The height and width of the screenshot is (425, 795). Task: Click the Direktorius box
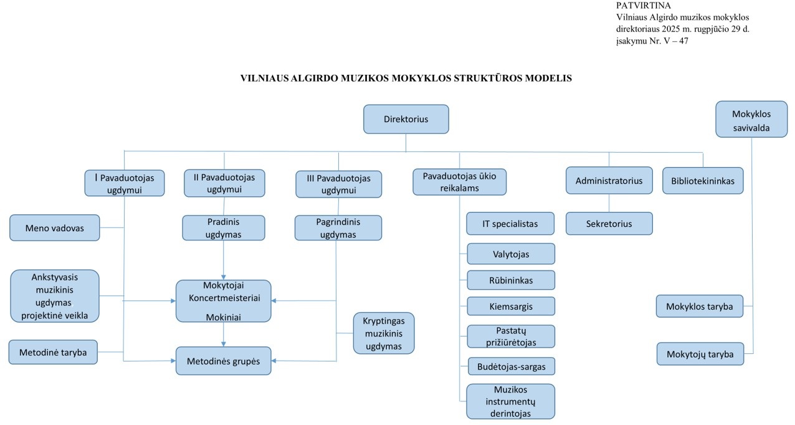pyautogui.click(x=406, y=119)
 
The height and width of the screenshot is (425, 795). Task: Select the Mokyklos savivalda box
pyautogui.click(x=751, y=120)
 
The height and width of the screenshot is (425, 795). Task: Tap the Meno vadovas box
pyautogui.click(x=55, y=227)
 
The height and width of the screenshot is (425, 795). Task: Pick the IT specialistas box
pyautogui.click(x=510, y=223)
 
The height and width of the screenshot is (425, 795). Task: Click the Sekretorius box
pyautogui.click(x=609, y=223)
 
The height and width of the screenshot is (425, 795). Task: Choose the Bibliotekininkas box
pyautogui.click(x=702, y=181)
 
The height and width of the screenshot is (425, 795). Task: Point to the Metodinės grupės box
pyautogui.click(x=223, y=361)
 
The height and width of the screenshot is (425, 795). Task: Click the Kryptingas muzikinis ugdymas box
pyautogui.click(x=383, y=333)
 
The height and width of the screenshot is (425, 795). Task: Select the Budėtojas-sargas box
pyautogui.click(x=511, y=366)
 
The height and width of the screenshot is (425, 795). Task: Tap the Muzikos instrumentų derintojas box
pyautogui.click(x=510, y=401)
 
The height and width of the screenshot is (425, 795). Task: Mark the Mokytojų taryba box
pyautogui.click(x=699, y=354)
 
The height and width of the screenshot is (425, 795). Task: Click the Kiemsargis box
pyautogui.click(x=510, y=307)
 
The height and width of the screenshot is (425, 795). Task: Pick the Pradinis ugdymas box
pyautogui.click(x=223, y=228)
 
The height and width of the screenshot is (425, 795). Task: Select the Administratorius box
pyautogui.click(x=609, y=181)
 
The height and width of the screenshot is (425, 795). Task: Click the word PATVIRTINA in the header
pyautogui.click(x=642, y=6)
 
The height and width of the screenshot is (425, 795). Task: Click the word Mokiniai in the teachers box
pyautogui.click(x=223, y=317)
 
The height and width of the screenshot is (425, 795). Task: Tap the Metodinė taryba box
pyautogui.click(x=53, y=352)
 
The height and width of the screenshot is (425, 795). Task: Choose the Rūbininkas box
pyautogui.click(x=510, y=280)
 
